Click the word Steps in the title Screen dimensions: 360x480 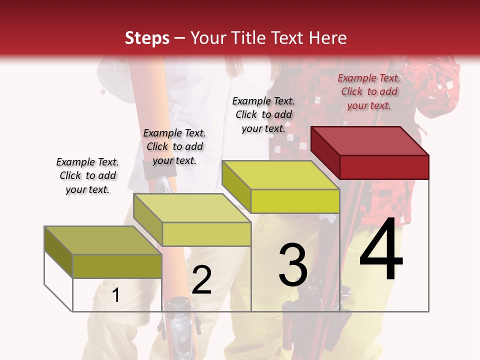(147, 38)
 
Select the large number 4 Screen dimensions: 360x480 (381, 250)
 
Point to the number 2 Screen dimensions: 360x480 (201, 280)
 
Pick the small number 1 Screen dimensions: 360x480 (116, 295)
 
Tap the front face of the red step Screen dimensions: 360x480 (384, 166)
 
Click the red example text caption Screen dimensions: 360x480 (369, 91)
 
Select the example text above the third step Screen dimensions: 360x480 (263, 114)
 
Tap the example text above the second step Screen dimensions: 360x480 (174, 146)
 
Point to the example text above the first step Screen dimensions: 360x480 (87, 175)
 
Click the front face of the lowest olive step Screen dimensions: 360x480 (117, 266)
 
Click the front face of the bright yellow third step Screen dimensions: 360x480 (295, 201)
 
